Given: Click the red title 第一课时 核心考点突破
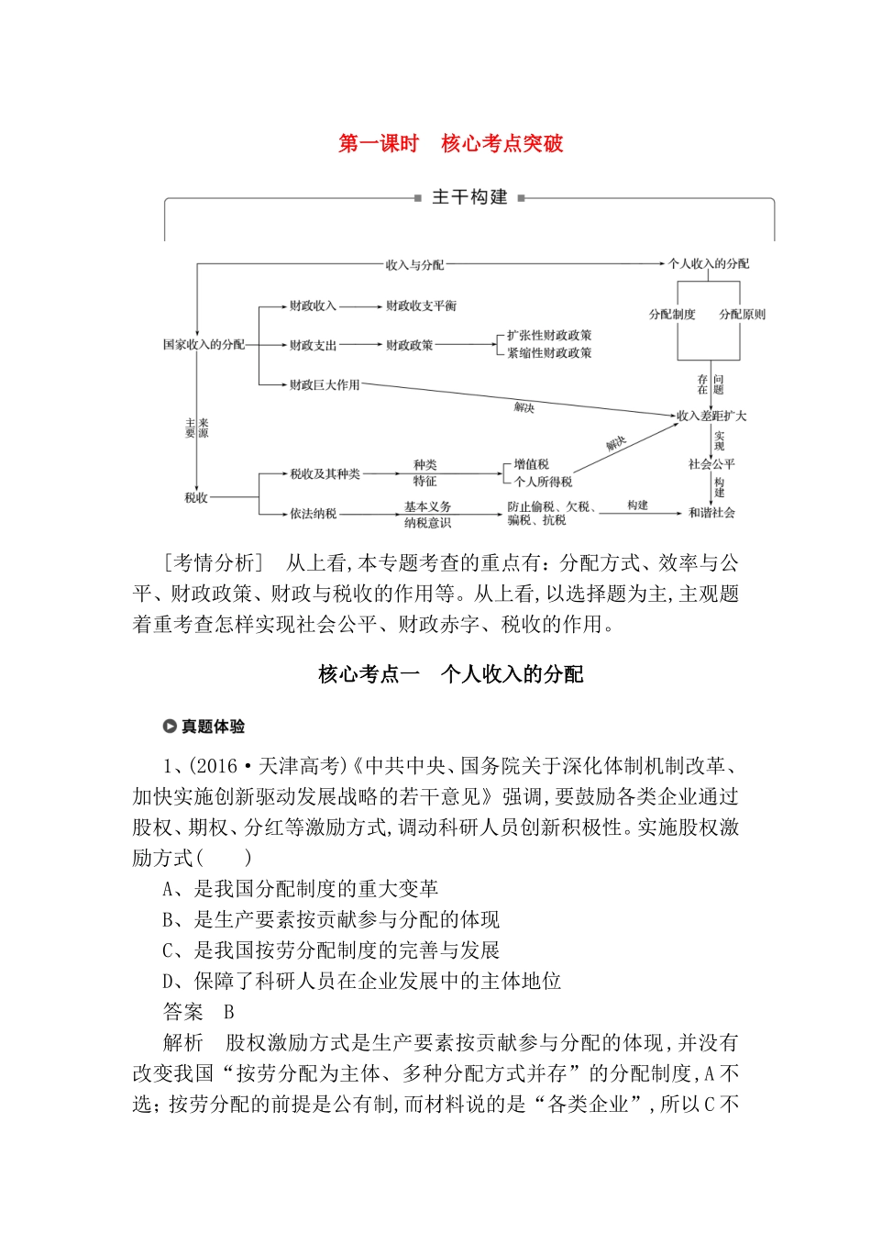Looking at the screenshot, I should [450, 144].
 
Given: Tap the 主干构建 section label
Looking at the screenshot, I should [469, 197].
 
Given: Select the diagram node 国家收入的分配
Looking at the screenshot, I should [204, 345].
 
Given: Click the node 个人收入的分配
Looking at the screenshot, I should [708, 264].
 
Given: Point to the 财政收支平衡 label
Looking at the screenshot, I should [421, 306].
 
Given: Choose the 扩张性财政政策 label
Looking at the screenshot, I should [549, 336].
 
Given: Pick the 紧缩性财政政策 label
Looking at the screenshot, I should [549, 353].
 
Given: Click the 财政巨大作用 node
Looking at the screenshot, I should [325, 385].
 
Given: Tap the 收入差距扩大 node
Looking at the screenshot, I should [711, 416].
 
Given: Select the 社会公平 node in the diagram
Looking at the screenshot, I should [711, 464].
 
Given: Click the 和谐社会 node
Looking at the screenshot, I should [711, 513].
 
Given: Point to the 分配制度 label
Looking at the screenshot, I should [672, 315].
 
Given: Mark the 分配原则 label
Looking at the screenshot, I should [742, 315].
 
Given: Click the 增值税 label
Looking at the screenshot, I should [531, 465].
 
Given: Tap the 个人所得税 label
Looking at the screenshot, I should [543, 482].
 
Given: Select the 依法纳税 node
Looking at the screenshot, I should [314, 514].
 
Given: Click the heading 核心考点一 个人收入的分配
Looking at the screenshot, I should [450, 675].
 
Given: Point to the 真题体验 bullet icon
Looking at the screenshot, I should [170, 727].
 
